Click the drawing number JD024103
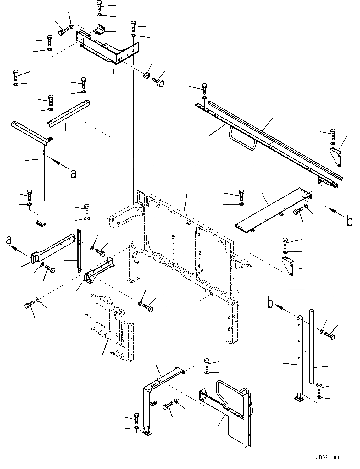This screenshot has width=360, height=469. tap(326, 458)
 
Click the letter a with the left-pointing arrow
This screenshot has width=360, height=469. tap(9, 240)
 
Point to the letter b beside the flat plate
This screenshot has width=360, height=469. tap(349, 221)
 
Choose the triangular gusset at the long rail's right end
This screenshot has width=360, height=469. tap(336, 156)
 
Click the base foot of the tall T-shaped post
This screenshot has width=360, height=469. tap(41, 223)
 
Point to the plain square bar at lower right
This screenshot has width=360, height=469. tap(311, 346)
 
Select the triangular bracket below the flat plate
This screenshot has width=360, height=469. tap(287, 266)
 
